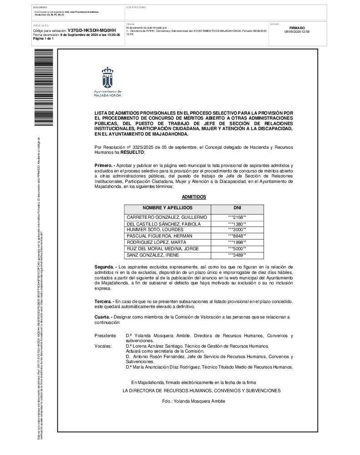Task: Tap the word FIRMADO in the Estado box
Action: pos(297,28)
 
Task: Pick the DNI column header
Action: pos(237,207)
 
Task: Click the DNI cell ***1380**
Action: pos(237,224)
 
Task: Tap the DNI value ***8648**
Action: pos(237,236)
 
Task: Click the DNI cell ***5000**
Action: pos(237,248)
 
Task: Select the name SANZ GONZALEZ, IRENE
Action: pos(147,255)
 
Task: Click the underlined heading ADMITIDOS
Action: pos(194,197)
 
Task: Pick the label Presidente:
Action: pos(105,335)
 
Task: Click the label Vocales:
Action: pos(103,346)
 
